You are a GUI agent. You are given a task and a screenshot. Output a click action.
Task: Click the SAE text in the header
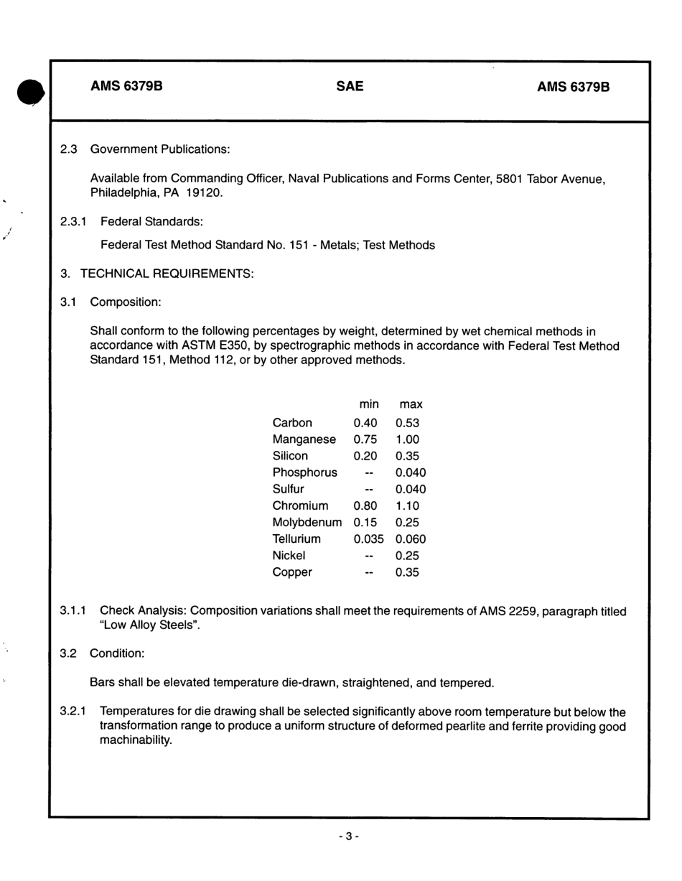[350, 87]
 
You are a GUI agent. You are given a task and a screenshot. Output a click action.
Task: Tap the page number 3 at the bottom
[347, 836]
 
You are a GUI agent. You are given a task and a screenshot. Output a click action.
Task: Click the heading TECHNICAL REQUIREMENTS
[167, 274]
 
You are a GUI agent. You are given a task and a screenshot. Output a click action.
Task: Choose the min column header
[368, 405]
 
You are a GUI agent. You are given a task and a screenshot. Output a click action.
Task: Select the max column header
[411, 405]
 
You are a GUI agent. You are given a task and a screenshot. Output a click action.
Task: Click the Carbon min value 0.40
[365, 423]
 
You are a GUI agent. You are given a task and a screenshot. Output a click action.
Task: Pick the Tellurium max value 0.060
[411, 539]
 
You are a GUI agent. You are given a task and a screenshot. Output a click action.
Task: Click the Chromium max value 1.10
[407, 506]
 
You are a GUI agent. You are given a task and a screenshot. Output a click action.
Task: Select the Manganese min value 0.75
[365, 439]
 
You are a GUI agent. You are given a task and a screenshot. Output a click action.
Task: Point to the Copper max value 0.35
[407, 573]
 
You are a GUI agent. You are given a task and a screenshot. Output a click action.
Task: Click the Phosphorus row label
[304, 472]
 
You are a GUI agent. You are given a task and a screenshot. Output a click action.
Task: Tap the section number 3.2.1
[73, 712]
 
